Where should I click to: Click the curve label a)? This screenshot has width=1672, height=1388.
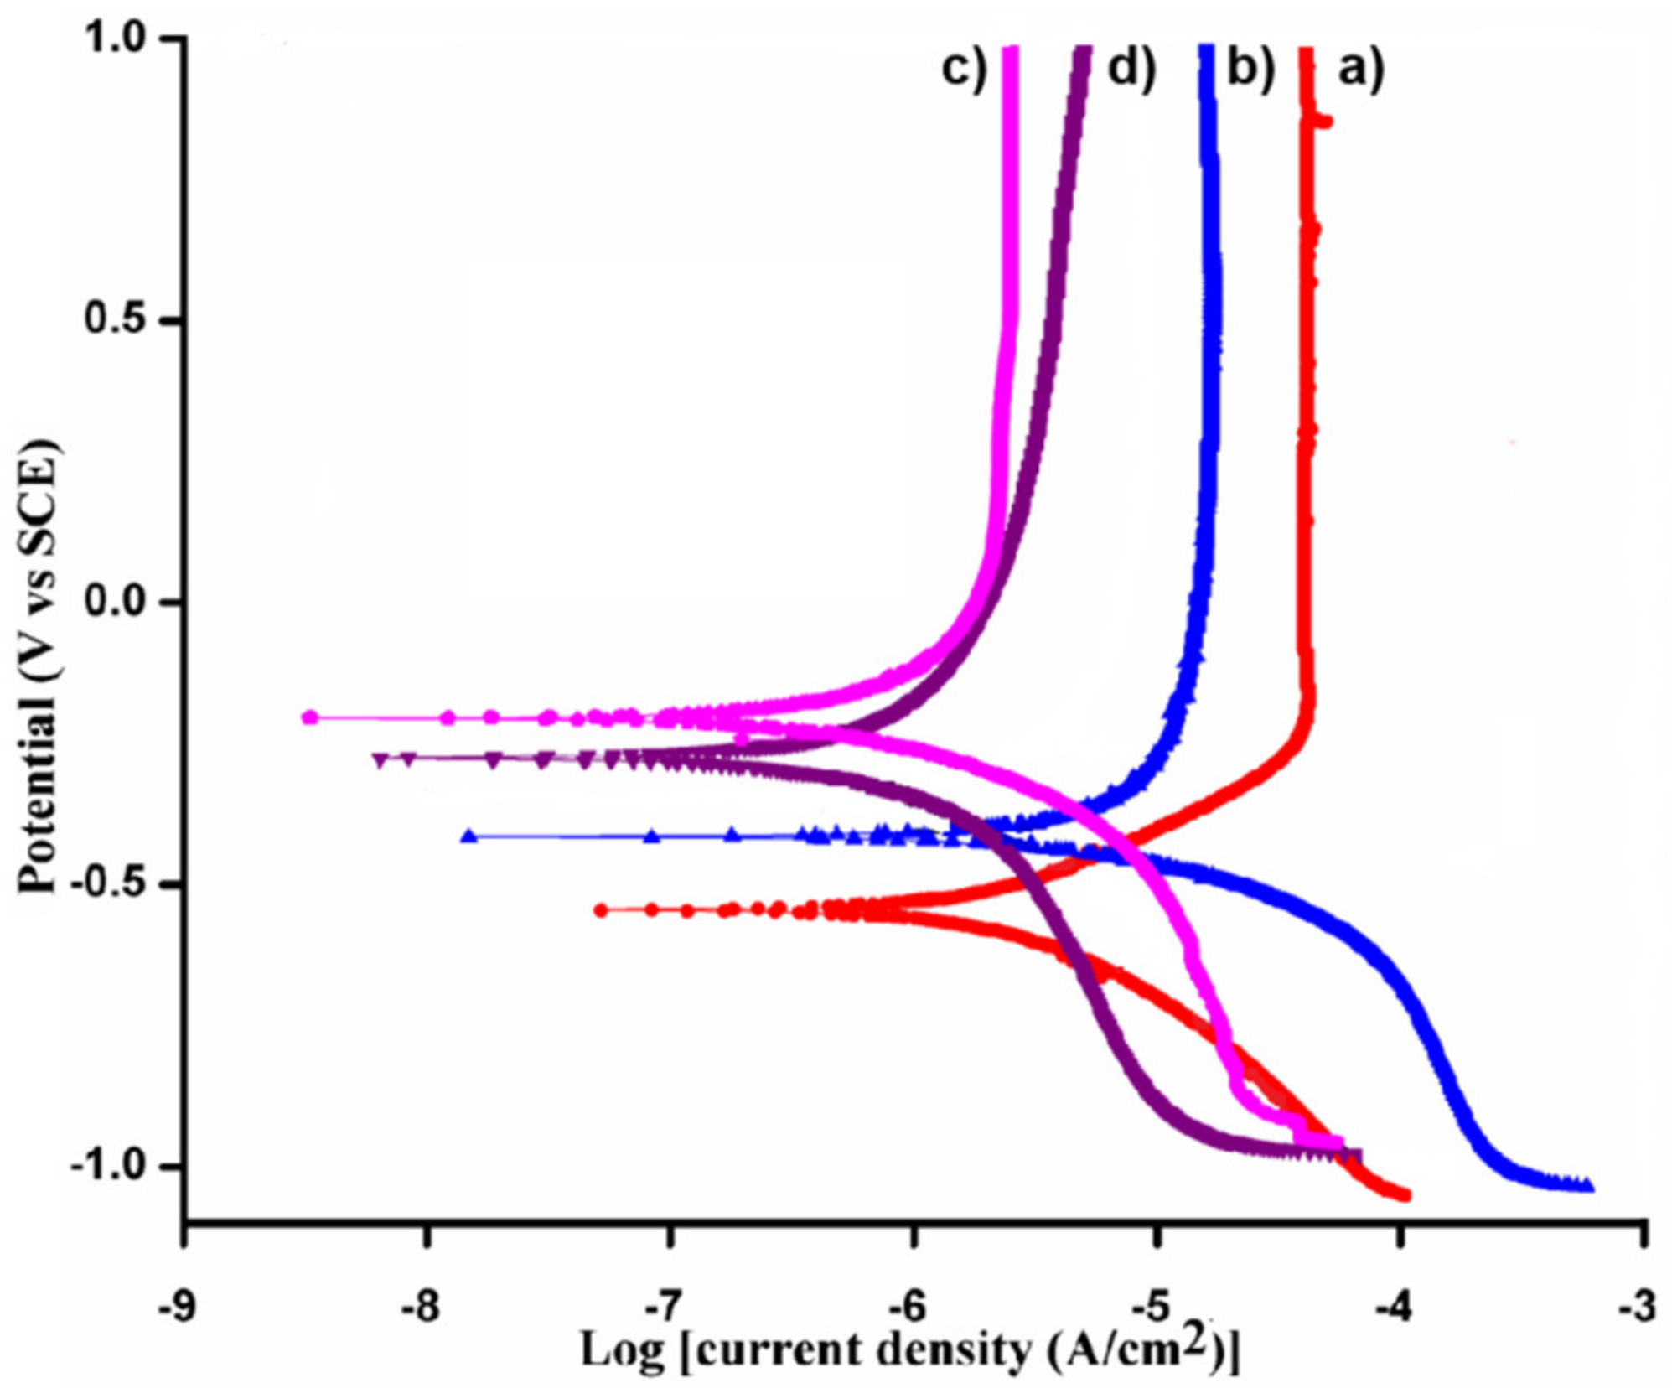pyautogui.click(x=1360, y=70)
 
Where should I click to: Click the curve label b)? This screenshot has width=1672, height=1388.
pyautogui.click(x=1250, y=70)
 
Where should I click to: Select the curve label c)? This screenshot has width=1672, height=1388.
pyautogui.click(x=964, y=70)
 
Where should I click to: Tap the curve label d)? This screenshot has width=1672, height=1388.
pyautogui.click(x=1131, y=70)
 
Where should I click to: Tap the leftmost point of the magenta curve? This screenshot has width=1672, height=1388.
pyautogui.click(x=310, y=717)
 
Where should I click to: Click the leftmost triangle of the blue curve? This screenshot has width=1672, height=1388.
pyautogui.click(x=470, y=836)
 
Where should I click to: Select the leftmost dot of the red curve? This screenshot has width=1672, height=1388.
pyautogui.click(x=601, y=910)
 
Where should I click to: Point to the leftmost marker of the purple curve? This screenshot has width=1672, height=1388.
pyautogui.click(x=381, y=760)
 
